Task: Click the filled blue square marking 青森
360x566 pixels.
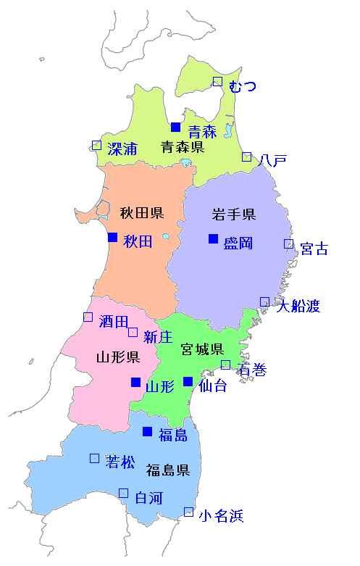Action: tap(175, 127)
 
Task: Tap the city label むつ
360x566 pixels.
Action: tap(242, 88)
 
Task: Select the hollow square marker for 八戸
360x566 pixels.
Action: tap(247, 157)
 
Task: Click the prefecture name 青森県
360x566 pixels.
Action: tap(182, 148)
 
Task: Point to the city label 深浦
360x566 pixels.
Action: tap(122, 149)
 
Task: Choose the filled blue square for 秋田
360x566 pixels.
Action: tap(112, 237)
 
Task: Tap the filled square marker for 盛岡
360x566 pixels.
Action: tap(213, 238)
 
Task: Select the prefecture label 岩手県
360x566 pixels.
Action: tap(233, 214)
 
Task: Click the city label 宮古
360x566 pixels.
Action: tap(314, 249)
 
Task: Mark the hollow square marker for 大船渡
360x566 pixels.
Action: tap(264, 301)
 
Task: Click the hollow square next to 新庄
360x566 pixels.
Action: tap(133, 332)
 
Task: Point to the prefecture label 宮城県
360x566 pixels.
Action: tap(202, 350)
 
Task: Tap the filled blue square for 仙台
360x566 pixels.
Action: tap(188, 381)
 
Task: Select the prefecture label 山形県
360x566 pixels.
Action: tap(117, 357)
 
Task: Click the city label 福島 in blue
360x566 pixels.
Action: tap(173, 436)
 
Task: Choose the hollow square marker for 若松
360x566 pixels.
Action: tap(94, 458)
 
